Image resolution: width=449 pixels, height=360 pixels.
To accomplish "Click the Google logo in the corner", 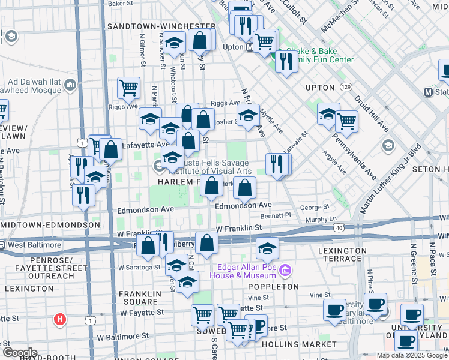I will (19, 353).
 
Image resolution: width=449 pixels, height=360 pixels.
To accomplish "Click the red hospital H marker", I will (60, 319).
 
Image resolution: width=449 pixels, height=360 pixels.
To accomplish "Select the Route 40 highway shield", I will (340, 228).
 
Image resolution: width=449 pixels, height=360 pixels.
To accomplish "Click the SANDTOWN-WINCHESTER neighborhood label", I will (161, 26).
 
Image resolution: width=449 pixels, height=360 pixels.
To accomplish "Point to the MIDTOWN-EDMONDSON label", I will (50, 224).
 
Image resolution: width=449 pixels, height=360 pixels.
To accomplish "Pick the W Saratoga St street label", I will (140, 267).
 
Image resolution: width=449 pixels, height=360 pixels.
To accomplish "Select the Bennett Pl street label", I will (276, 214).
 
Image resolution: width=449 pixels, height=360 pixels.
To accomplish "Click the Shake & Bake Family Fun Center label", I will (320, 55).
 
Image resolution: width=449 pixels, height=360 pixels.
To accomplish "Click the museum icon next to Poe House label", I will (285, 271).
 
